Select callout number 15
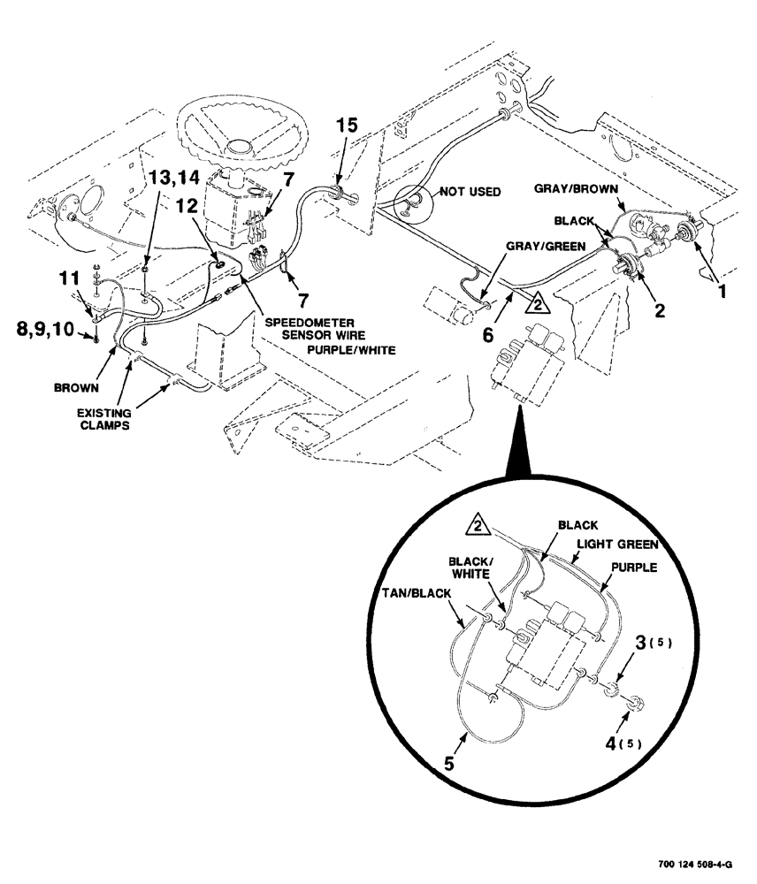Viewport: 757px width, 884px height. pos(348,126)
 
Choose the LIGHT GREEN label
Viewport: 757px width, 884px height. pos(621,545)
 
